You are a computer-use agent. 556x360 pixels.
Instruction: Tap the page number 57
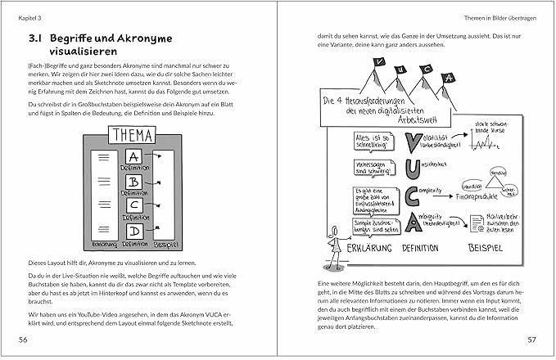click(x=531, y=339)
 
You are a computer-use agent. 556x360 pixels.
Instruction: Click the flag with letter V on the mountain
click(x=379, y=63)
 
